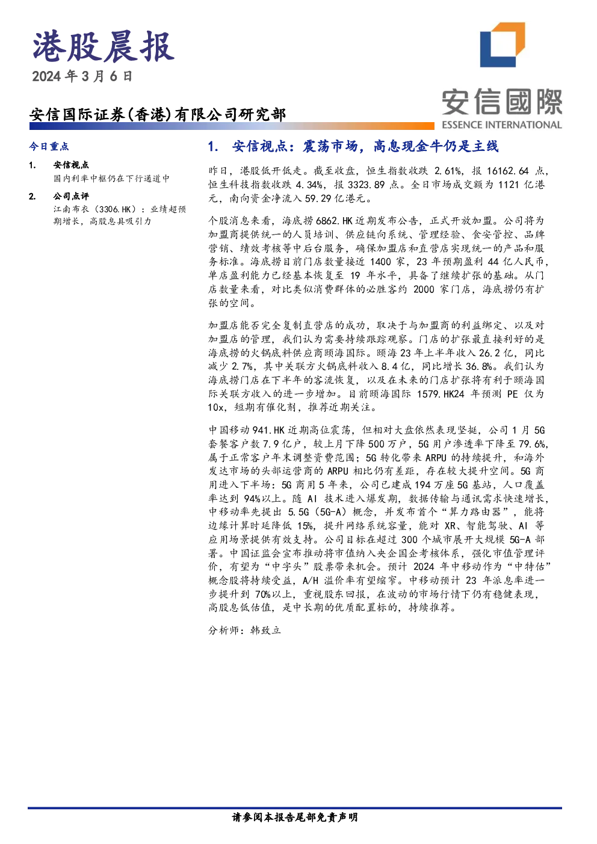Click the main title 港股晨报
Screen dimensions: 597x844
(104, 47)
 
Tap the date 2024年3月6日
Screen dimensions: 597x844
(82, 76)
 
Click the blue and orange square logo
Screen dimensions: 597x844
(503, 45)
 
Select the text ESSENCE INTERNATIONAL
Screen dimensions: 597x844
(502, 125)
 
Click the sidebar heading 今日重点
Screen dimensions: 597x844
(49, 146)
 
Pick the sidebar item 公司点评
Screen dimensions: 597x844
(71, 196)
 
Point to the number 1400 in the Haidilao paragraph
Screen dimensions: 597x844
(381, 262)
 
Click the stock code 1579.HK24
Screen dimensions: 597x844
(441, 394)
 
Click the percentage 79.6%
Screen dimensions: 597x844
(532, 444)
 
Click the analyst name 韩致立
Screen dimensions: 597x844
(266, 630)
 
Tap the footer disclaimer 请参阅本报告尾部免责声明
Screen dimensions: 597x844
(295, 825)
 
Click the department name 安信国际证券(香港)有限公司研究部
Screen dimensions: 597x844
(158, 114)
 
